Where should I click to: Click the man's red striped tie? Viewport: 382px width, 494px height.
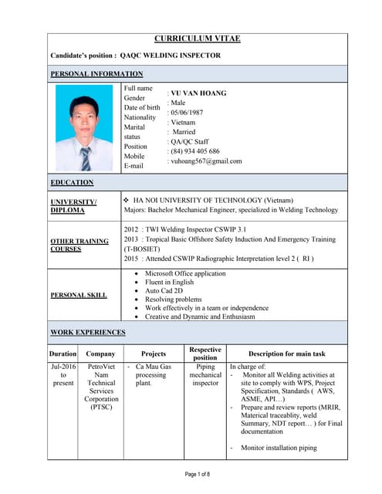85,159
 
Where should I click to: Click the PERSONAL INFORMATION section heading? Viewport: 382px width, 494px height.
96,74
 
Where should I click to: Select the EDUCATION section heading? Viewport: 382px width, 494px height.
72,183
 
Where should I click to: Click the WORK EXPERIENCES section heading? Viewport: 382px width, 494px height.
87,333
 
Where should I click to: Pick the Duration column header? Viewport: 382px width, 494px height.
63,354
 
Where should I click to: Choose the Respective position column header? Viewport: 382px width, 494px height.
205,354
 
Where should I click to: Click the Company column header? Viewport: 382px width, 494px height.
100,354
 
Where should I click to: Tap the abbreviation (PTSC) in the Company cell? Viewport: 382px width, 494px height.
101,407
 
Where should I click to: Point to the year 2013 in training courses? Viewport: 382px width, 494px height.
131,239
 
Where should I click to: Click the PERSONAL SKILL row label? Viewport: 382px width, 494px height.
79,296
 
